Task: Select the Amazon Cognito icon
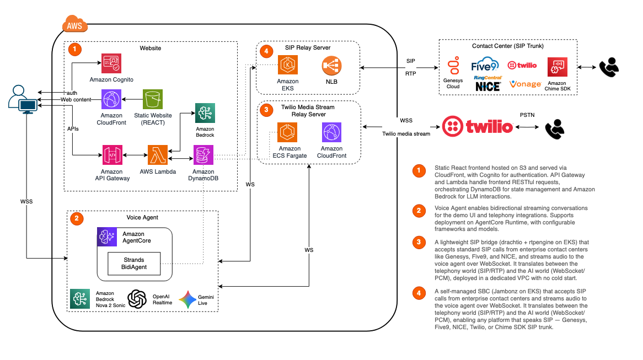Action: (x=111, y=63)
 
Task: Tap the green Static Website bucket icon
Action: (x=153, y=99)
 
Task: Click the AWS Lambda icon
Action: (x=158, y=155)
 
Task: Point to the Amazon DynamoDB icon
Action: (x=203, y=155)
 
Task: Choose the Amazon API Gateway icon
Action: (x=112, y=155)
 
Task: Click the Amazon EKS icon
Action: (x=288, y=65)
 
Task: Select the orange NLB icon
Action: (x=332, y=66)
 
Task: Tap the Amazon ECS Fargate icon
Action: (x=287, y=132)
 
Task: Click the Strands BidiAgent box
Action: (x=134, y=264)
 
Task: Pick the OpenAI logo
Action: (x=137, y=299)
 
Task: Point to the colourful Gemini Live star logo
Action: (x=187, y=300)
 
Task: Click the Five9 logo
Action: (x=485, y=65)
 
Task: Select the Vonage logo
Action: (x=526, y=84)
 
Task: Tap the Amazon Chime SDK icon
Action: (x=558, y=67)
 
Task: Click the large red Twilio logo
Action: (x=478, y=126)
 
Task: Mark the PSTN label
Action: (x=527, y=115)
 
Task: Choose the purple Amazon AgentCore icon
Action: (x=107, y=237)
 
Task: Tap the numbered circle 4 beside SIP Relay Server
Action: (x=266, y=51)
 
